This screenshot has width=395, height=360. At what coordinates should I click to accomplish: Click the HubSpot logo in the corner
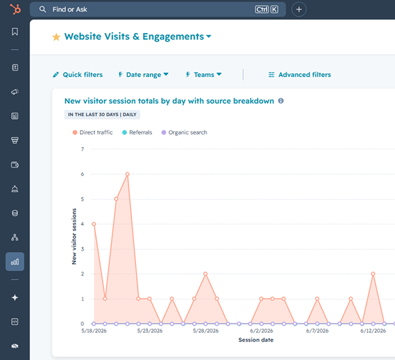click(15, 9)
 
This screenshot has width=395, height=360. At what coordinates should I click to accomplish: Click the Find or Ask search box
click(157, 9)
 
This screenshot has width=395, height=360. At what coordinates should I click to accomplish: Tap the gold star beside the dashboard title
click(56, 37)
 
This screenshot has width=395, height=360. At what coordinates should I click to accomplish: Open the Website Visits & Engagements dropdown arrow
click(209, 37)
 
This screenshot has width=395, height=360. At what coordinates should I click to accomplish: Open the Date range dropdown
click(143, 74)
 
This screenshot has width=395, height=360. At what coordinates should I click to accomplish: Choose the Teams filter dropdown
click(203, 74)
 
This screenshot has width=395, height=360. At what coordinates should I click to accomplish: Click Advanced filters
click(299, 74)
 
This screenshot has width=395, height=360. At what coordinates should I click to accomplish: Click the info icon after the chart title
click(281, 101)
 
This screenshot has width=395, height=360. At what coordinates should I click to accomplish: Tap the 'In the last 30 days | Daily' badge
click(102, 114)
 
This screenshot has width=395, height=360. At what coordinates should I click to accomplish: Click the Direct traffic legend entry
click(93, 132)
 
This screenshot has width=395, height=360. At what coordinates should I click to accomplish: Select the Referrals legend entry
click(137, 132)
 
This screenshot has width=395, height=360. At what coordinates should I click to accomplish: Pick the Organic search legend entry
click(184, 132)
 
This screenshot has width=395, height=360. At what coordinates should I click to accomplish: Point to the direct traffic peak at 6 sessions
click(127, 174)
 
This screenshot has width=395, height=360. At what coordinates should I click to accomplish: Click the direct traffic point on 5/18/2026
click(94, 224)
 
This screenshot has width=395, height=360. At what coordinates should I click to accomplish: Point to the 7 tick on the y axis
click(83, 149)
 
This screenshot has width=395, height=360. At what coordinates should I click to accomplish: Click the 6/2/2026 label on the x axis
click(262, 330)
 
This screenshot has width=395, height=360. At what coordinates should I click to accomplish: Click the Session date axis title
click(256, 340)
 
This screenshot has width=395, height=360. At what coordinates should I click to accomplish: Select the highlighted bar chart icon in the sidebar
click(15, 261)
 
